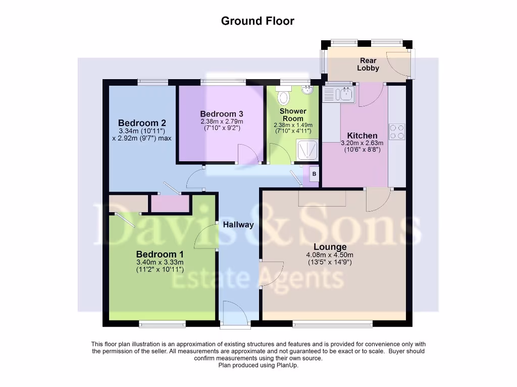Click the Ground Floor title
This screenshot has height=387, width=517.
(257, 21)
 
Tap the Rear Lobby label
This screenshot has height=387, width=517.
(368, 64)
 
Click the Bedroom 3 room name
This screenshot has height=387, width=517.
(222, 113)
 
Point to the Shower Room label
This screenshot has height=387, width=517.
(293, 114)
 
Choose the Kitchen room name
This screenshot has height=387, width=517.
(362, 136)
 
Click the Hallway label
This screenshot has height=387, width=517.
(238, 225)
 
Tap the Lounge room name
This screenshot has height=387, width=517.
(330, 247)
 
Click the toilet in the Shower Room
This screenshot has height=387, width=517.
(284, 95)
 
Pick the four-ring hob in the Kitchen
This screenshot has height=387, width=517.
(397, 132)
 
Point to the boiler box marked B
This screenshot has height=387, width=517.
(315, 174)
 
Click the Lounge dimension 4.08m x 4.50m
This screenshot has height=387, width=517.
(330, 255)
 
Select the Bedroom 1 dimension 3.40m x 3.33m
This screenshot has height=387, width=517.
(160, 262)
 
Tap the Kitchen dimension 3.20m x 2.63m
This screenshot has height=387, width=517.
(362, 143)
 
